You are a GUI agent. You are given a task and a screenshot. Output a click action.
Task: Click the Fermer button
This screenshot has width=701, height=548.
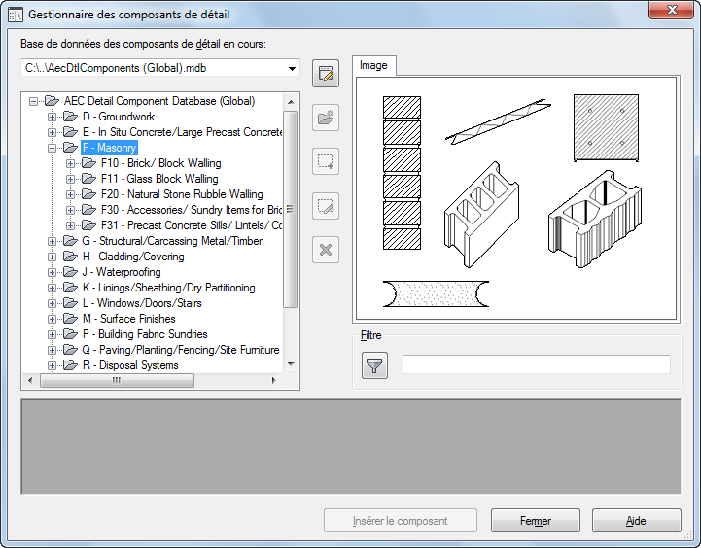535,521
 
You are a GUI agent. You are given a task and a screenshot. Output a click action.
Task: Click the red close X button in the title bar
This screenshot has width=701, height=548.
671,10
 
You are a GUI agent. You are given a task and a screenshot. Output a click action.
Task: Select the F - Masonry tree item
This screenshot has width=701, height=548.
109,148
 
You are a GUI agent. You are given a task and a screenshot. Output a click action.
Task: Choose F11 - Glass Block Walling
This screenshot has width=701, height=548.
159,179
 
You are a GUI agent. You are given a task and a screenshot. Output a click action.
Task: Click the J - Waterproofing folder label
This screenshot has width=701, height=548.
122,272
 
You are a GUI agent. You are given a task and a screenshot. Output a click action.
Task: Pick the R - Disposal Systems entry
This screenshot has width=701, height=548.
130,365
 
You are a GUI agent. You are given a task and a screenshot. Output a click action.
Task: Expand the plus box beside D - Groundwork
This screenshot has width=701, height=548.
52,117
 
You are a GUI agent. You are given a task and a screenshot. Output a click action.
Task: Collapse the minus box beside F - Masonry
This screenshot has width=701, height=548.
52,148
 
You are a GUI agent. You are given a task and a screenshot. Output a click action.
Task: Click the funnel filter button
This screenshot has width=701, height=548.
374,365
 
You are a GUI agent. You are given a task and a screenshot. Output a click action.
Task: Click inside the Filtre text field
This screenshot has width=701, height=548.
537,364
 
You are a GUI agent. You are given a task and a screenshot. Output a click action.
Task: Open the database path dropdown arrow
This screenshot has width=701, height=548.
292,68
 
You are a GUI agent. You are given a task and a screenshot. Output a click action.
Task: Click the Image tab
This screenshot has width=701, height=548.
373,66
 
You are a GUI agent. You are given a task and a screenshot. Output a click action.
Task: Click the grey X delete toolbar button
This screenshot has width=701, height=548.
326,250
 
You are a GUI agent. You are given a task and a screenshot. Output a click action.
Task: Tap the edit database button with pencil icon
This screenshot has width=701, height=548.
326,73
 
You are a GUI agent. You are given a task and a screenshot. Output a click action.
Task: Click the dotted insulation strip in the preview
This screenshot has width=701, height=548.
436,293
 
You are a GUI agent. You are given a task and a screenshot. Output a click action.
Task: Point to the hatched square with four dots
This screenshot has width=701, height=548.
607,127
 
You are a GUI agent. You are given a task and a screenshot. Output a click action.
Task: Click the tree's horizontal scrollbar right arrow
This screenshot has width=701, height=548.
273,381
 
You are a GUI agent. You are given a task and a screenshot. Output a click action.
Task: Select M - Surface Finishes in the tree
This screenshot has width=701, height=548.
128,319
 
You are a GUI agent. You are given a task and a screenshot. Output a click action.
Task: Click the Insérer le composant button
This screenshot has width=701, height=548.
401,521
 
